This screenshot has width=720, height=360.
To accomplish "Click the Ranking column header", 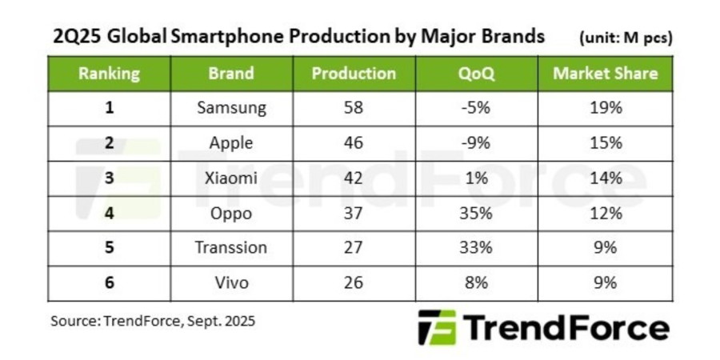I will click(109, 74).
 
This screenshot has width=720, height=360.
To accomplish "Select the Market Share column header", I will click(605, 74).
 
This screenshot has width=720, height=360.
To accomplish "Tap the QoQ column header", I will click(477, 74).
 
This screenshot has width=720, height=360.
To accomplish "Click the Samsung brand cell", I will click(231, 108).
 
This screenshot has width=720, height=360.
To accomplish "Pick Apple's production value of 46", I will click(353, 143).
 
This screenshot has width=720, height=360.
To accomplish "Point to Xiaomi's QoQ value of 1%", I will click(477, 178).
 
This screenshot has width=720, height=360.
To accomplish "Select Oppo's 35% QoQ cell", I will click(477, 214).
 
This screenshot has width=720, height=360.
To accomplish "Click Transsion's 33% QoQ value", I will click(477, 248).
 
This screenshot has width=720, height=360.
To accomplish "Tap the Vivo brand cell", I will click(231, 282).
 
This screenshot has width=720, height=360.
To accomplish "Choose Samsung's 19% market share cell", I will click(605, 108).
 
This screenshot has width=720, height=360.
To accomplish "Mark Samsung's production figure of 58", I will click(353, 108).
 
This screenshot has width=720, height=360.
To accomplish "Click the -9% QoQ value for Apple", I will click(477, 143).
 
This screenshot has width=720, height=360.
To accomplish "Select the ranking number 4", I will click(109, 214).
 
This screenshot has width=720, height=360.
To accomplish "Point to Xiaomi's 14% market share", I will click(605, 178).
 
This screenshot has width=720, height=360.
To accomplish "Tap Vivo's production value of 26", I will click(353, 282).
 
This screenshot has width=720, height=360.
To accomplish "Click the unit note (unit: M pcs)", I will click(624, 38).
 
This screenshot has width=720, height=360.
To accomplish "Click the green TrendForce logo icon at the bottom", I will click(437, 328).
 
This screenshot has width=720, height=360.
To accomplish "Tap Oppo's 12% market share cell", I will click(605, 214).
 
